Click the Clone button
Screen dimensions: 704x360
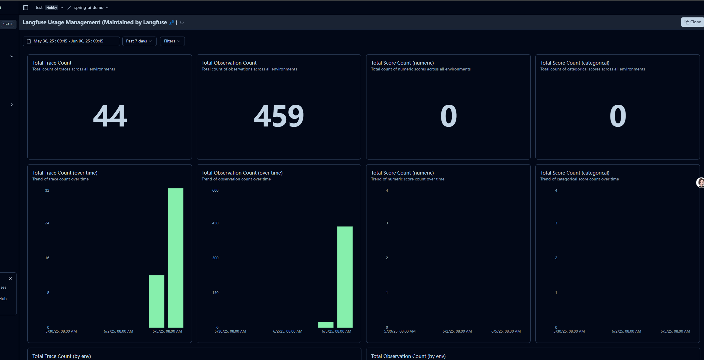pyautogui.click(x=693, y=22)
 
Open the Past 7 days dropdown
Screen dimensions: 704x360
pyautogui.click(x=139, y=41)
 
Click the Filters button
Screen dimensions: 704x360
pyautogui.click(x=172, y=41)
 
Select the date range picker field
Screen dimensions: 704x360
pyautogui.click(x=71, y=41)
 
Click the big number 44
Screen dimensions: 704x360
pyautogui.click(x=110, y=116)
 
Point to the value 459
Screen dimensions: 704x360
pyautogui.click(x=279, y=116)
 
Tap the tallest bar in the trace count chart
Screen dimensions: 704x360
pyautogui.click(x=176, y=258)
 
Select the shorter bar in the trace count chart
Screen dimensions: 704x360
pyautogui.click(x=157, y=301)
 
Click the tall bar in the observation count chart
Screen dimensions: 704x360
pyautogui.click(x=345, y=277)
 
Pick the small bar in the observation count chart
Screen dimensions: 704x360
pyautogui.click(x=326, y=325)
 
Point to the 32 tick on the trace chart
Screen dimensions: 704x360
pyautogui.click(x=47, y=190)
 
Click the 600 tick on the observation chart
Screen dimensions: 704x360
pyautogui.click(x=216, y=190)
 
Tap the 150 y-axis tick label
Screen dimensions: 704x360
pyautogui.click(x=216, y=293)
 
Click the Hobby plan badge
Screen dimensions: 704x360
pyautogui.click(x=52, y=8)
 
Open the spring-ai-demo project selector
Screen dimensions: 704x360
pyautogui.click(x=91, y=8)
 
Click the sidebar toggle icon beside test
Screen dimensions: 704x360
pyautogui.click(x=26, y=8)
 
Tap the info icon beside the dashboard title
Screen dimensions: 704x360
pyautogui.click(x=182, y=22)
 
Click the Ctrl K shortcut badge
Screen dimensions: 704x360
pyautogui.click(x=7, y=24)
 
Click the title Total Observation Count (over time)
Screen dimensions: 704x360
pyautogui.click(x=242, y=173)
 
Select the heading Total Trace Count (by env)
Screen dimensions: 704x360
pyautogui.click(x=62, y=356)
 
